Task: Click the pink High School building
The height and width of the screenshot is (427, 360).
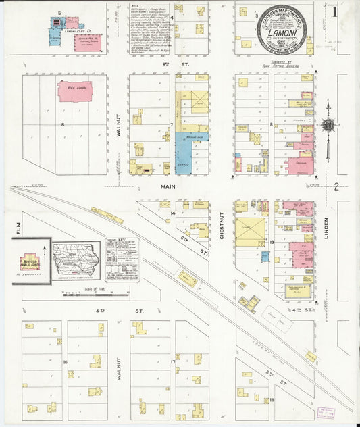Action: click(75, 91)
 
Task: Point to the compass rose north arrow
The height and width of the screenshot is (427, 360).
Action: click(328, 126)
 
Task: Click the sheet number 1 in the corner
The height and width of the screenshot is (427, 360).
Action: click(335, 11)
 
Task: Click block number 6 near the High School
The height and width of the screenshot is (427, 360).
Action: click(63, 124)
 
